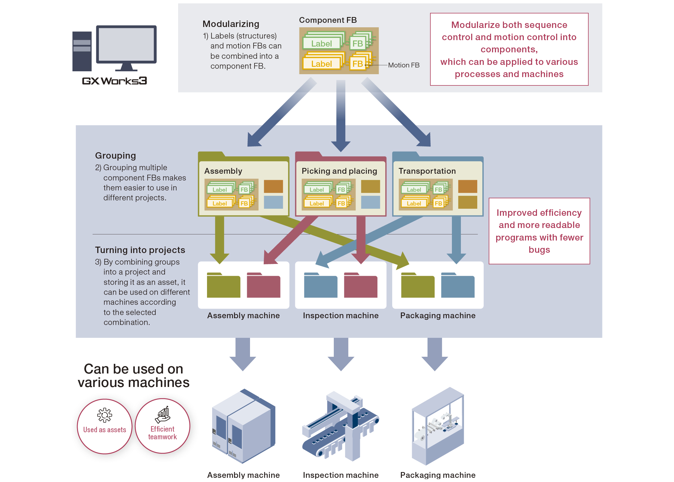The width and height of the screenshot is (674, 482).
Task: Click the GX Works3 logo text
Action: click(114, 81)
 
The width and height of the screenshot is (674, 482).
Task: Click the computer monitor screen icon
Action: click(126, 45)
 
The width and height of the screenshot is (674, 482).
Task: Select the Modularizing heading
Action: click(231, 24)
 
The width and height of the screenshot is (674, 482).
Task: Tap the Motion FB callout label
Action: click(403, 65)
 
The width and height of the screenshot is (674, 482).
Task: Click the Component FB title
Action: click(328, 20)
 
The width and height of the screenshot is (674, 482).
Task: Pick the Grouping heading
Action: click(116, 156)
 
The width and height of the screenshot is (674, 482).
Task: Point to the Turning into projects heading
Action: click(140, 250)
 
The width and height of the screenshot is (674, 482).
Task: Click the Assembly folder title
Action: click(223, 171)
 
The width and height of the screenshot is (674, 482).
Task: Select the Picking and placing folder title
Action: click(339, 171)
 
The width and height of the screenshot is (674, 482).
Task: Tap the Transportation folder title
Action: click(427, 171)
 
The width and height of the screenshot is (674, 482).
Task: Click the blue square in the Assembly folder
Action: click(273, 202)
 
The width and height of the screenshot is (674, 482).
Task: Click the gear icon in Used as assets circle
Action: click(105, 415)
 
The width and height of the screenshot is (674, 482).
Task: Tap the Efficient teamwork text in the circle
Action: click(162, 433)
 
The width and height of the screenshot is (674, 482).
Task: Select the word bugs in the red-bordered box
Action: click(539, 250)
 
